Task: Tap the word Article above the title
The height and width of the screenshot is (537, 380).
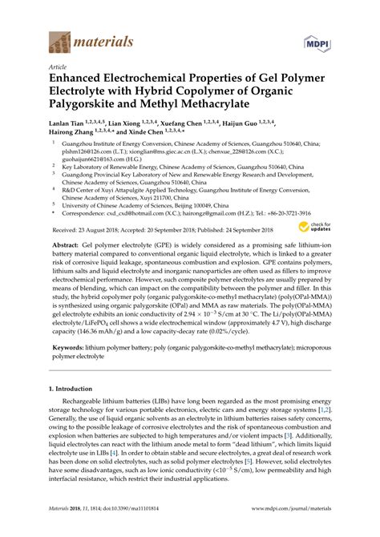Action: tap(57, 67)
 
